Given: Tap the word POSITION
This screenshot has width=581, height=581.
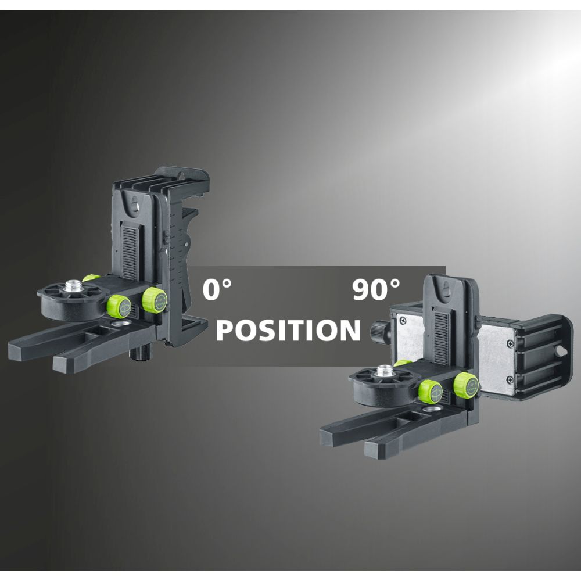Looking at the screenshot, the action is click(288, 330).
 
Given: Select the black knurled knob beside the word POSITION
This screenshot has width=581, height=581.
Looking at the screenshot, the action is click(379, 329).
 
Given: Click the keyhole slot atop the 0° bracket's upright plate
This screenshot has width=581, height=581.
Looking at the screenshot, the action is click(134, 206).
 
